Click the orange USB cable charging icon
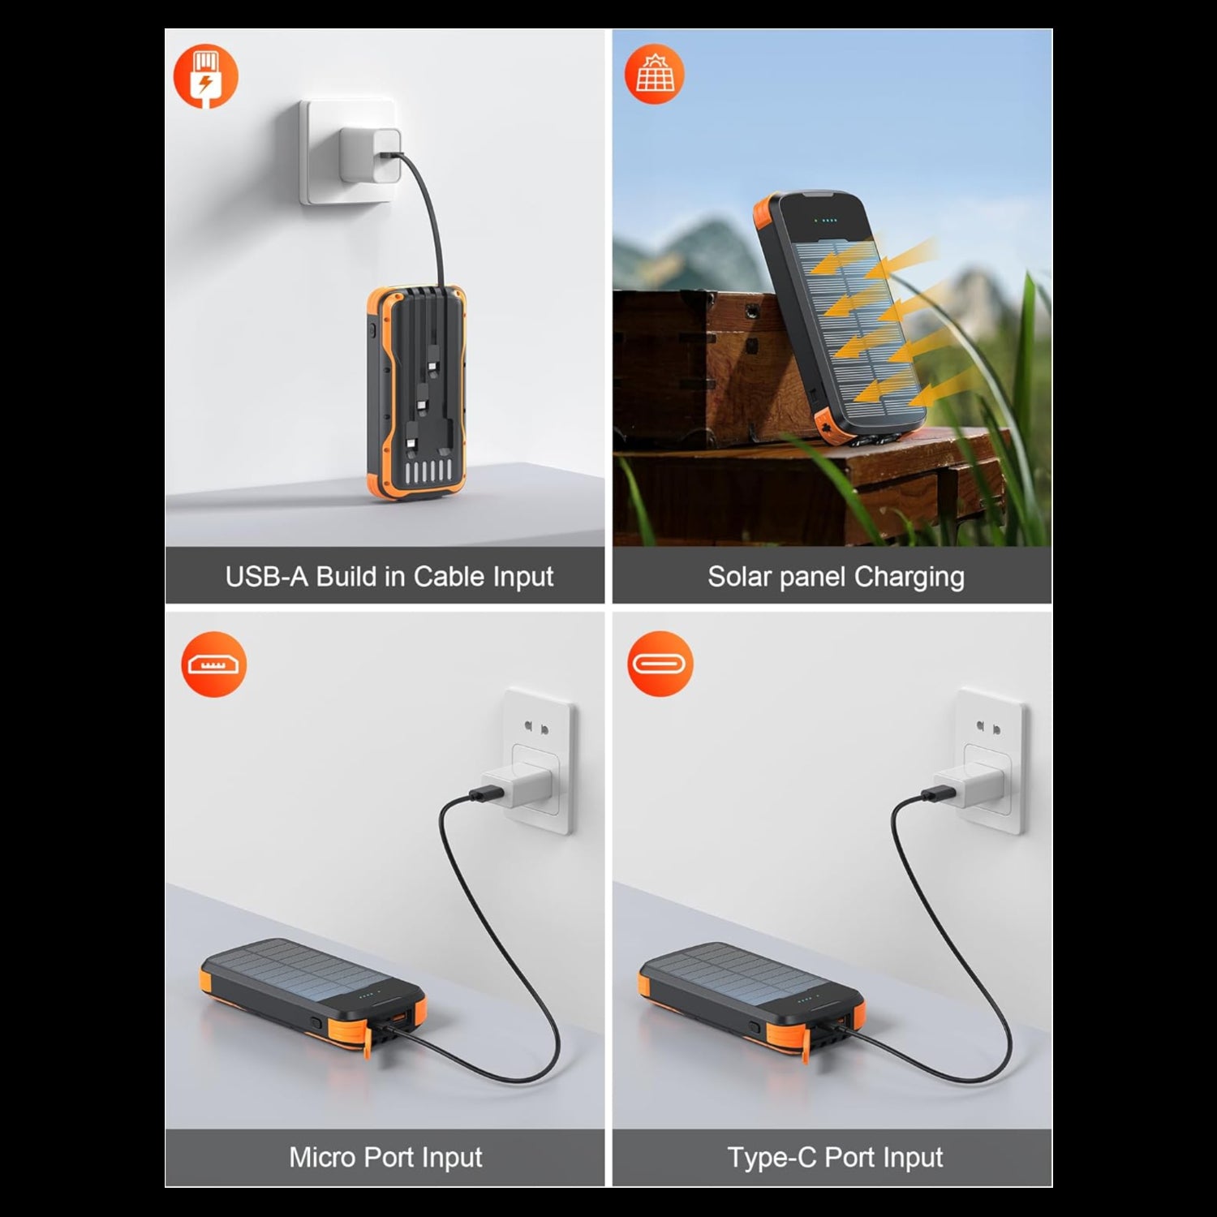pyautogui.click(x=205, y=76)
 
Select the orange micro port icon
pyautogui.click(x=213, y=664)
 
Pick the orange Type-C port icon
pyautogui.click(x=660, y=664)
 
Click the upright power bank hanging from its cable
pyautogui.click(x=415, y=393)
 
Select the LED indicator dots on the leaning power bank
pyautogui.click(x=824, y=220)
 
